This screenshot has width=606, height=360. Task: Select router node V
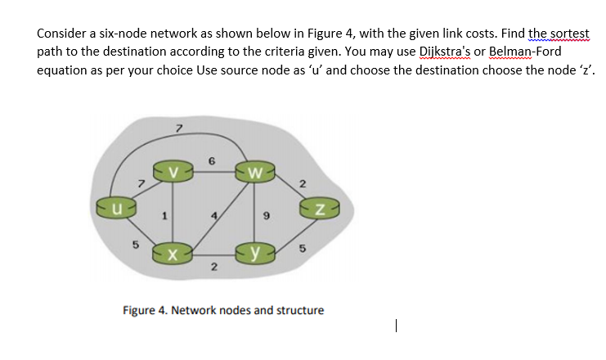tap(173, 173)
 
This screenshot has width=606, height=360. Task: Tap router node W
tap(255, 173)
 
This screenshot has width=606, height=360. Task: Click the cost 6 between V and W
tap(212, 162)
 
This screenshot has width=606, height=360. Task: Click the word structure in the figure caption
tap(300, 310)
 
